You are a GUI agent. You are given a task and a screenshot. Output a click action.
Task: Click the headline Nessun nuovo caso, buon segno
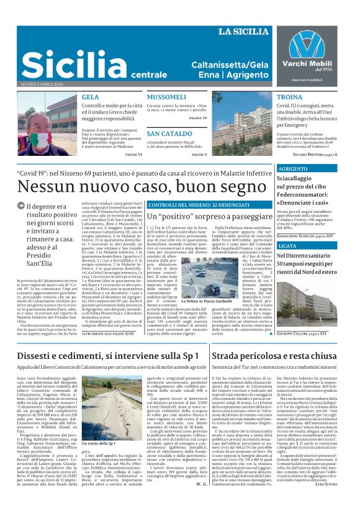pos(137,185)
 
